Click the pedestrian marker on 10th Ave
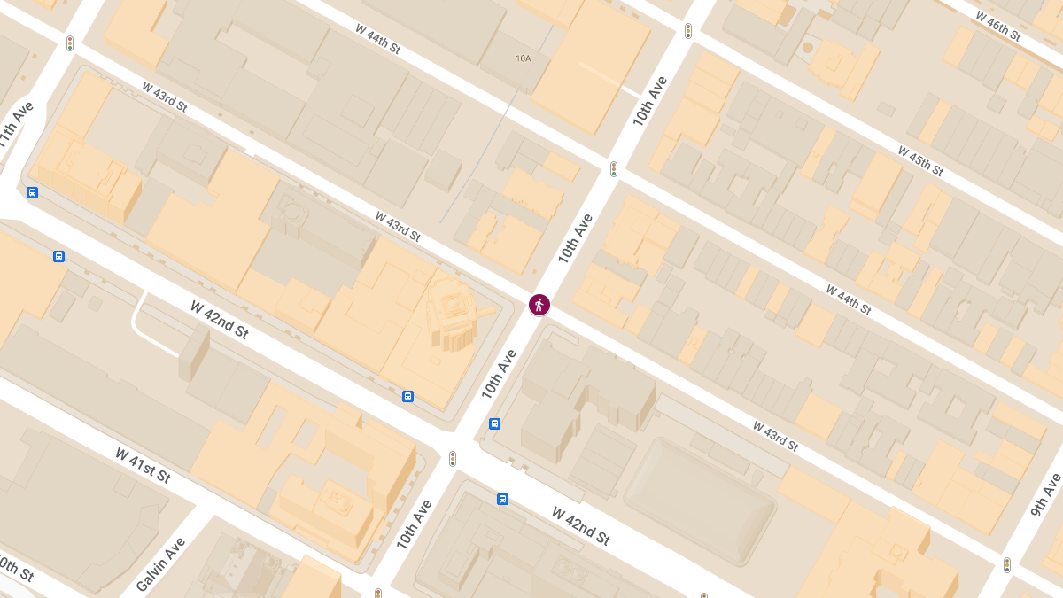(539, 305)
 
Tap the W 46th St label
(998, 27)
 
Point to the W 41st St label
(143, 465)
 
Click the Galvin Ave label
(161, 564)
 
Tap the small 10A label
(523, 58)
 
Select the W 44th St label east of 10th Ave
(849, 299)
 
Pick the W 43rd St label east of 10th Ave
(776, 436)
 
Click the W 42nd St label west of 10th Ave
(219, 320)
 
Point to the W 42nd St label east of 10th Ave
(581, 525)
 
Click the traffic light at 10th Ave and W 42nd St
(453, 458)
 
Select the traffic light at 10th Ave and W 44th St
(613, 168)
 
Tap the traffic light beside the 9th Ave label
(1006, 564)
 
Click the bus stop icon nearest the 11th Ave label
(33, 192)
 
